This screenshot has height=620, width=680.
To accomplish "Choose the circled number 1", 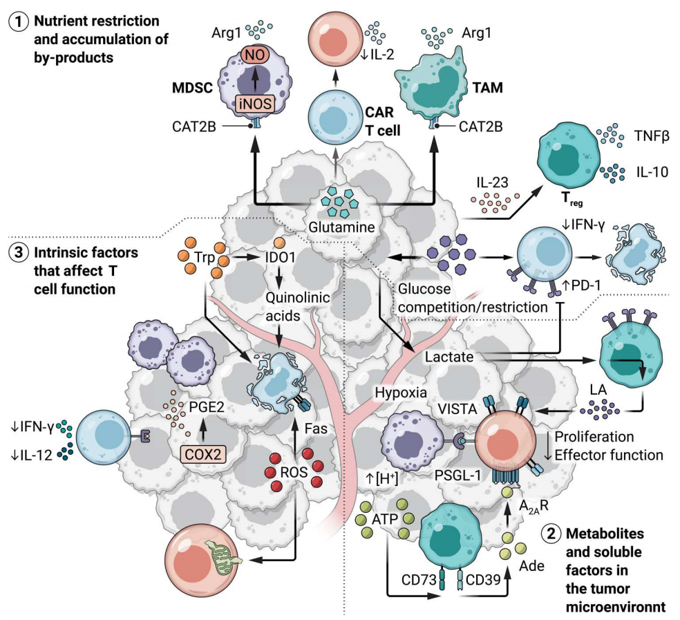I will coord(15,21).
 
